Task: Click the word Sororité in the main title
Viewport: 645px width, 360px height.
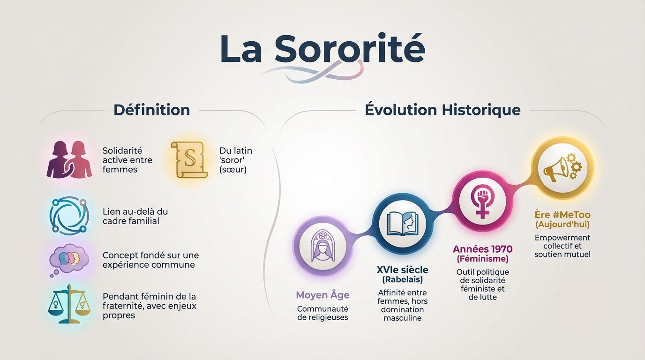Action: [349, 49]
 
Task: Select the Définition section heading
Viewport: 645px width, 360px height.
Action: [151, 110]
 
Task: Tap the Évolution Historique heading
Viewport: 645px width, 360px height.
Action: [442, 110]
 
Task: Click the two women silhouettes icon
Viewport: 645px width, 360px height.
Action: [69, 159]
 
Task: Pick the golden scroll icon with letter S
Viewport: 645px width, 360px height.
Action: [189, 159]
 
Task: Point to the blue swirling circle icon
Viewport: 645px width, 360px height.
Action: [69, 216]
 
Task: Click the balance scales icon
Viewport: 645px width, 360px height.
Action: [69, 304]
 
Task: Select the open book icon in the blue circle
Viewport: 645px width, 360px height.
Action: [402, 223]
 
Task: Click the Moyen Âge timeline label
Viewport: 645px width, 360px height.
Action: [322, 295]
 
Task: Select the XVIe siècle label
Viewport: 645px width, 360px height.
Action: [402, 270]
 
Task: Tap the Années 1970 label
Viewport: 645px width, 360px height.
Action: [482, 249]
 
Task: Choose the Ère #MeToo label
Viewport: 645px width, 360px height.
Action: [562, 215]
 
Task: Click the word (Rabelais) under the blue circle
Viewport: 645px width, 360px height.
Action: [402, 280]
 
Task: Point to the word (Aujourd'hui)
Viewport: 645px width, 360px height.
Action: [562, 225]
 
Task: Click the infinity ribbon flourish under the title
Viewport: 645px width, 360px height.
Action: [312, 72]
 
